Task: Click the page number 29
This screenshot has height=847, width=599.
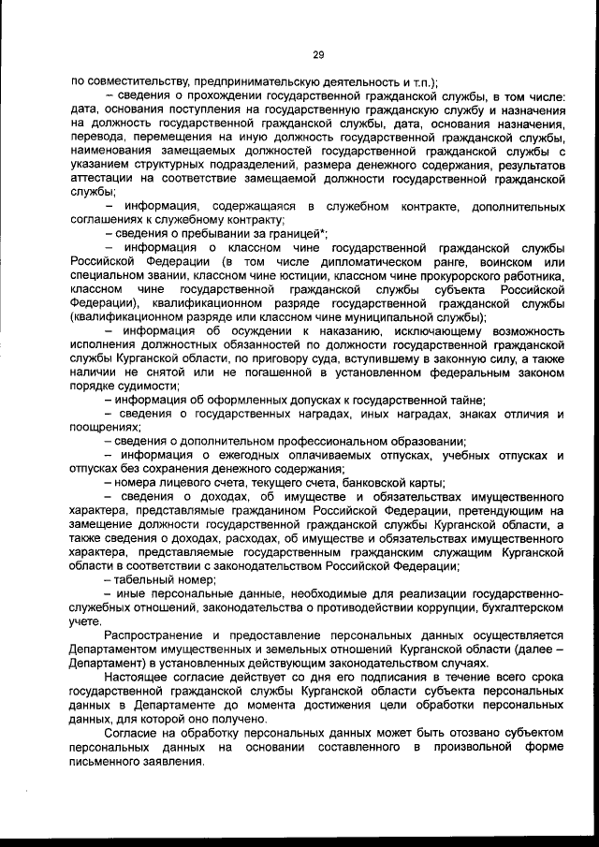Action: click(x=317, y=55)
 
